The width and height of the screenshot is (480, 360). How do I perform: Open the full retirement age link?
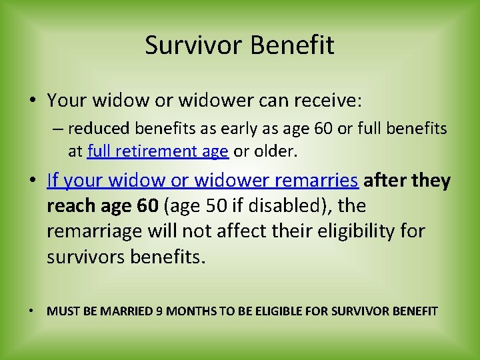click(158, 151)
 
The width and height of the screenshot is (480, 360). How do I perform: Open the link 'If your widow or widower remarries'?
click(203, 181)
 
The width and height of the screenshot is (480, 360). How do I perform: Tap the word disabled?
click(275, 206)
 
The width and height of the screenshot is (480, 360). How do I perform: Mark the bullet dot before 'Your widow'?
click(33, 101)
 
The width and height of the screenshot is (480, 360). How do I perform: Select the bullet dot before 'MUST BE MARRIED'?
click(33, 311)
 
